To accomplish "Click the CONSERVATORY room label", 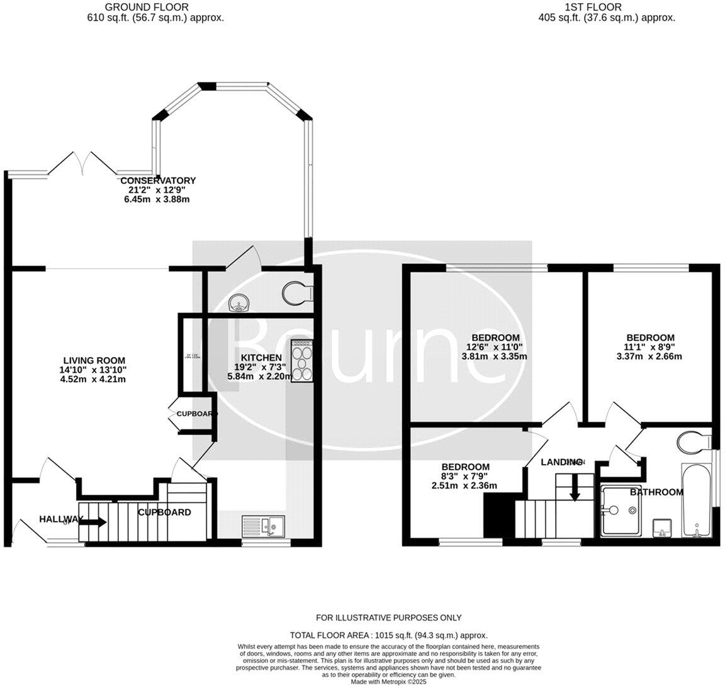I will tap(158, 181).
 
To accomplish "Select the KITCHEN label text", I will tap(261, 358).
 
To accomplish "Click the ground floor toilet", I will tap(297, 293).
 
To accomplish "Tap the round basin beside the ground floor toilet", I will tap(240, 303).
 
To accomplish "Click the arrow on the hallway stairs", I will tap(93, 521).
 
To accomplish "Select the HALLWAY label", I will tap(61, 519).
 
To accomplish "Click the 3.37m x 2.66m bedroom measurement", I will tap(650, 356).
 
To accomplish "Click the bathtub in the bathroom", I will tap(697, 501).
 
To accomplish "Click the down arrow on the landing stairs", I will tap(574, 489).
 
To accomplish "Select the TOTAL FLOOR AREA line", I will tap(388, 635).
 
